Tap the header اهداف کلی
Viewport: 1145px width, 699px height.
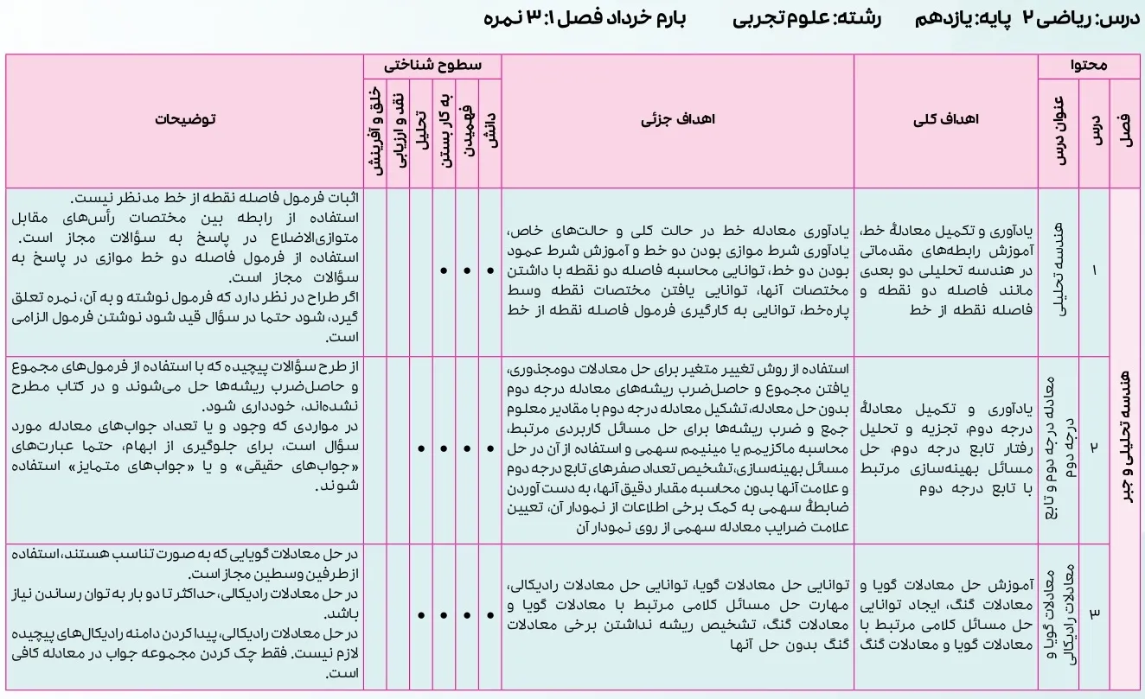tap(946, 121)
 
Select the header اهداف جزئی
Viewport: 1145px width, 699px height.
tap(678, 121)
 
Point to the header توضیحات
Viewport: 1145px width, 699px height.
tap(185, 121)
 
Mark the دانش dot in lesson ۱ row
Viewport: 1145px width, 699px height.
tap(490, 270)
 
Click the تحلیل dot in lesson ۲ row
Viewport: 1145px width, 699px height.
tap(420, 448)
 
